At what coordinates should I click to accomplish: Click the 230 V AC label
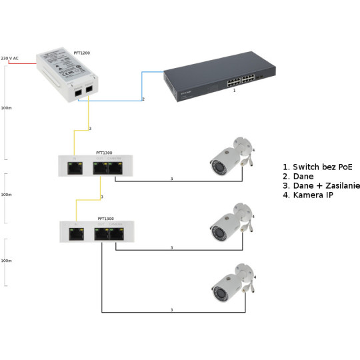9,59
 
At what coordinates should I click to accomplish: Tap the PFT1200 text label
81,51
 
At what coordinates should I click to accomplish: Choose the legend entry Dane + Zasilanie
321,185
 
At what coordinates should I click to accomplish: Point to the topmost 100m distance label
6,107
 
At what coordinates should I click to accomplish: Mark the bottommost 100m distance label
6,261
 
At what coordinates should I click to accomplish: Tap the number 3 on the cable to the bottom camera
171,310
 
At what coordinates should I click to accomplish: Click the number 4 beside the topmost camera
254,151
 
